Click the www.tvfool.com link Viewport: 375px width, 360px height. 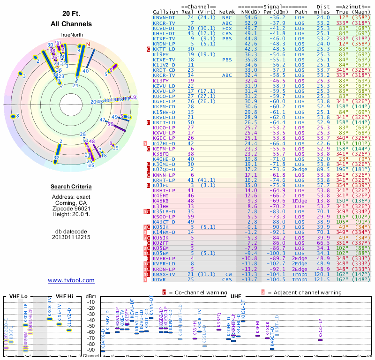pyautogui.click(x=71, y=280)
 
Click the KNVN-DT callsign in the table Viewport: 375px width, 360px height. pyautogui.click(x=164, y=17)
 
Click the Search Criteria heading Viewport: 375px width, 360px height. pyautogui.click(x=71, y=187)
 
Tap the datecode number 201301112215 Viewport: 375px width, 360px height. pyautogui.click(x=71, y=237)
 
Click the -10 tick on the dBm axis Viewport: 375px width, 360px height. pyautogui.click(x=91, y=302)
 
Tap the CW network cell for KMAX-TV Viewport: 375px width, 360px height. pyautogui.click(x=228, y=274)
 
